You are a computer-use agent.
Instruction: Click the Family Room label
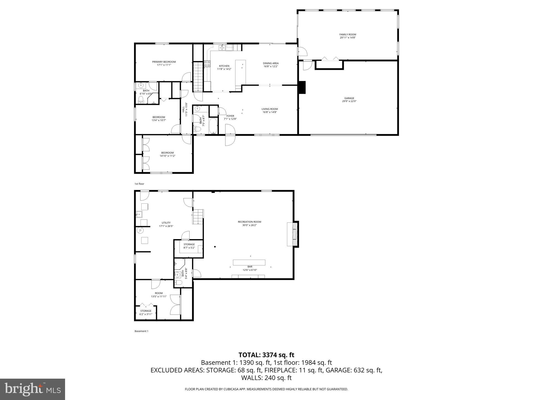(347, 34)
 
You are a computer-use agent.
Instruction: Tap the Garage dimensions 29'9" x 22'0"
(349, 101)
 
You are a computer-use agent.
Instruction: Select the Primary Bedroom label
(164, 62)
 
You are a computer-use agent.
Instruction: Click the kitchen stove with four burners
(207, 64)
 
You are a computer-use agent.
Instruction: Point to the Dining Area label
(271, 63)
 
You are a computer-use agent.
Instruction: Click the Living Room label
(270, 109)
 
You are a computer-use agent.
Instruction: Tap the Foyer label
(230, 116)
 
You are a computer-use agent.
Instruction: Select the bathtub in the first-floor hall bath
(213, 126)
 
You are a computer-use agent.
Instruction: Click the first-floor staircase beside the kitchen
(198, 77)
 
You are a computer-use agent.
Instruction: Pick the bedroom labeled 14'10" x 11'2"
(167, 154)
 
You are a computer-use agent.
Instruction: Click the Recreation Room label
(249, 222)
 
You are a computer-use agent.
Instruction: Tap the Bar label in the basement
(250, 267)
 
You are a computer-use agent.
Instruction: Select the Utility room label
(166, 223)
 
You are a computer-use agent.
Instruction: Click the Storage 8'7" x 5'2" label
(189, 244)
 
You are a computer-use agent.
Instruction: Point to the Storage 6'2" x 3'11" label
(146, 311)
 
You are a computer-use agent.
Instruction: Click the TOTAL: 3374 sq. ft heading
(266, 355)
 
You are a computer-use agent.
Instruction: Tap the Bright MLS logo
(33, 389)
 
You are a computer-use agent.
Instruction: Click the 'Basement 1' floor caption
(141, 331)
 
